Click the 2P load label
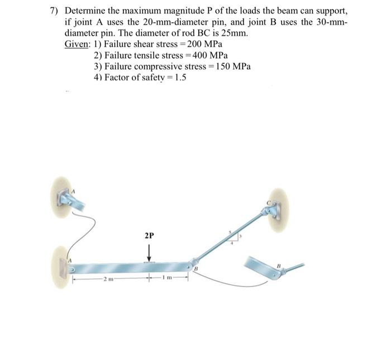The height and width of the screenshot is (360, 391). click(x=149, y=236)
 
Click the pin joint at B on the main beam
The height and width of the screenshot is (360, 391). click(x=193, y=262)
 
